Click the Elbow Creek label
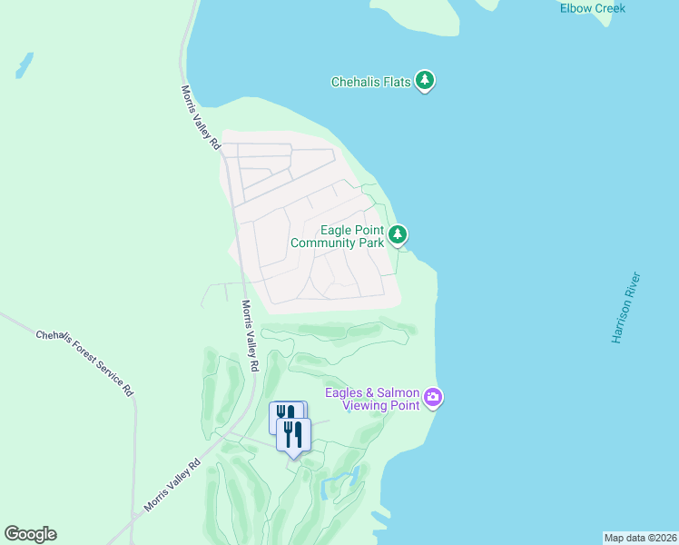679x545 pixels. (593, 8)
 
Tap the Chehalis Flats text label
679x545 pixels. (370, 82)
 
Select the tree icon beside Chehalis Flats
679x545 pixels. (425, 81)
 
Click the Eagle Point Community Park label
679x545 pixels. (337, 236)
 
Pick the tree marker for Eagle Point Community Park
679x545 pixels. (398, 236)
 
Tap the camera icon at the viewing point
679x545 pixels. (433, 397)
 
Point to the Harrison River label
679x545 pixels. (626, 307)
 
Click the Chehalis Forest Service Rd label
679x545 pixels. (84, 362)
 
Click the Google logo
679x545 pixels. (30, 534)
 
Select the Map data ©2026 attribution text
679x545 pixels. (640, 538)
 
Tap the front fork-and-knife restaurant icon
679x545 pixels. (293, 433)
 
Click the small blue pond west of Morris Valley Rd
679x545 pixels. (24, 64)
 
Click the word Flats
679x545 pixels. (397, 82)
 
